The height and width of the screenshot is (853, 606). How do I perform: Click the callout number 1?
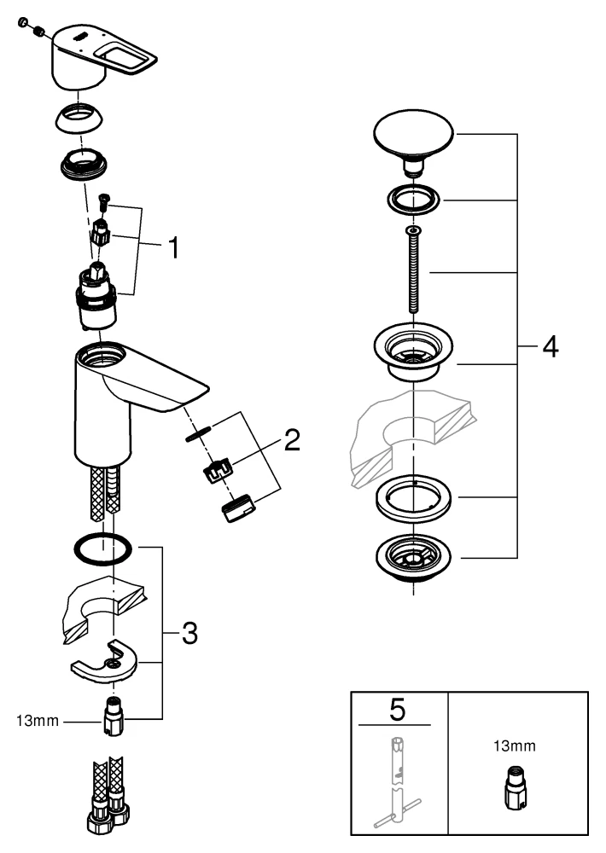coord(173,248)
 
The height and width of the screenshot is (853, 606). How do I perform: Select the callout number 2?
coord(292,440)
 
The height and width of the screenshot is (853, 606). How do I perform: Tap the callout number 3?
coord(189,632)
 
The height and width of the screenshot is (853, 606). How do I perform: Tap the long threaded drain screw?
coord(414,274)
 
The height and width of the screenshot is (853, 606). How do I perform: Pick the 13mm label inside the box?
coord(516,746)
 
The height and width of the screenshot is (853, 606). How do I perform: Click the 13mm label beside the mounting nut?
coord(38,721)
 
